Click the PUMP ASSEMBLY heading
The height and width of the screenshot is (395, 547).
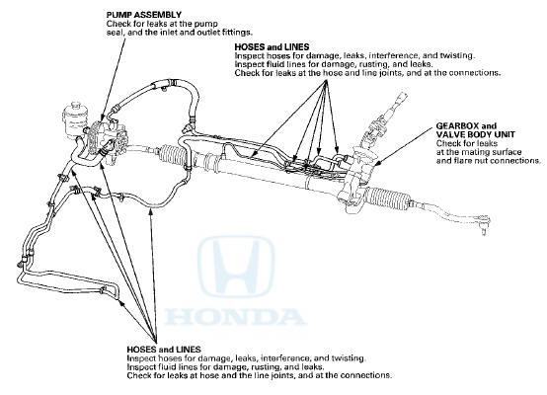click(144, 15)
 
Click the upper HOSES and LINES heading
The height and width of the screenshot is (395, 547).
click(272, 46)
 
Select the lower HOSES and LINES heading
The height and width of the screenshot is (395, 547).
click(164, 350)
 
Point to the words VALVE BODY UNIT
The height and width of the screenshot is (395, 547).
click(475, 134)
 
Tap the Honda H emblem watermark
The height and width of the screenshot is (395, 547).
click(236, 267)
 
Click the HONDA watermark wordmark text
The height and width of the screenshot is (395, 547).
click(234, 317)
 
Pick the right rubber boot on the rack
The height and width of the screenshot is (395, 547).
click(388, 199)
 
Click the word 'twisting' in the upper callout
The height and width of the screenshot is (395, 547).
click(457, 55)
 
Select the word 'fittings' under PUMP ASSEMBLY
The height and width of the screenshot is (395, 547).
click(238, 33)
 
